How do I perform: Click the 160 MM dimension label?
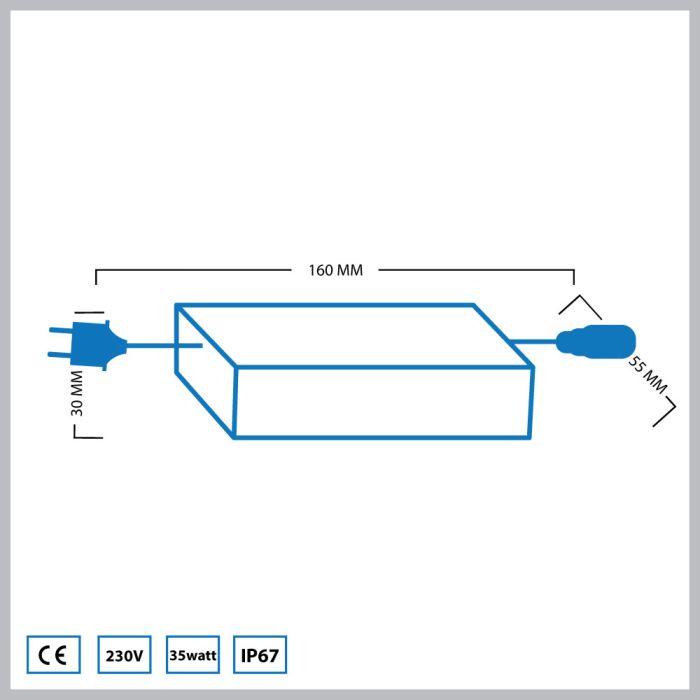336,270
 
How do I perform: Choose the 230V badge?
125,656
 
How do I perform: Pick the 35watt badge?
192,656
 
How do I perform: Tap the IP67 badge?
259,656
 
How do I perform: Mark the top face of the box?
350,335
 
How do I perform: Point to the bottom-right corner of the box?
530,437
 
